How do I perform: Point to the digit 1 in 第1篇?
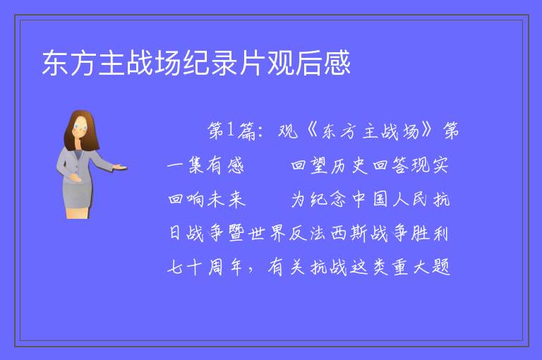tap(230, 130)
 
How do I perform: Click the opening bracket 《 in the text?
tap(311, 131)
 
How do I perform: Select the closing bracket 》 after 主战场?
tap(428, 131)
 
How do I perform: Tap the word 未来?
tap(227, 200)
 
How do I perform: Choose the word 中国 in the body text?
tap(370, 200)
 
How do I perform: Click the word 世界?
tap(267, 233)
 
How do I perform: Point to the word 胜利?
tap(430, 233)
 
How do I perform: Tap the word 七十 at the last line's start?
tap(185, 267)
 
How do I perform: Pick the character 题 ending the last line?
tap(440, 267)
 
